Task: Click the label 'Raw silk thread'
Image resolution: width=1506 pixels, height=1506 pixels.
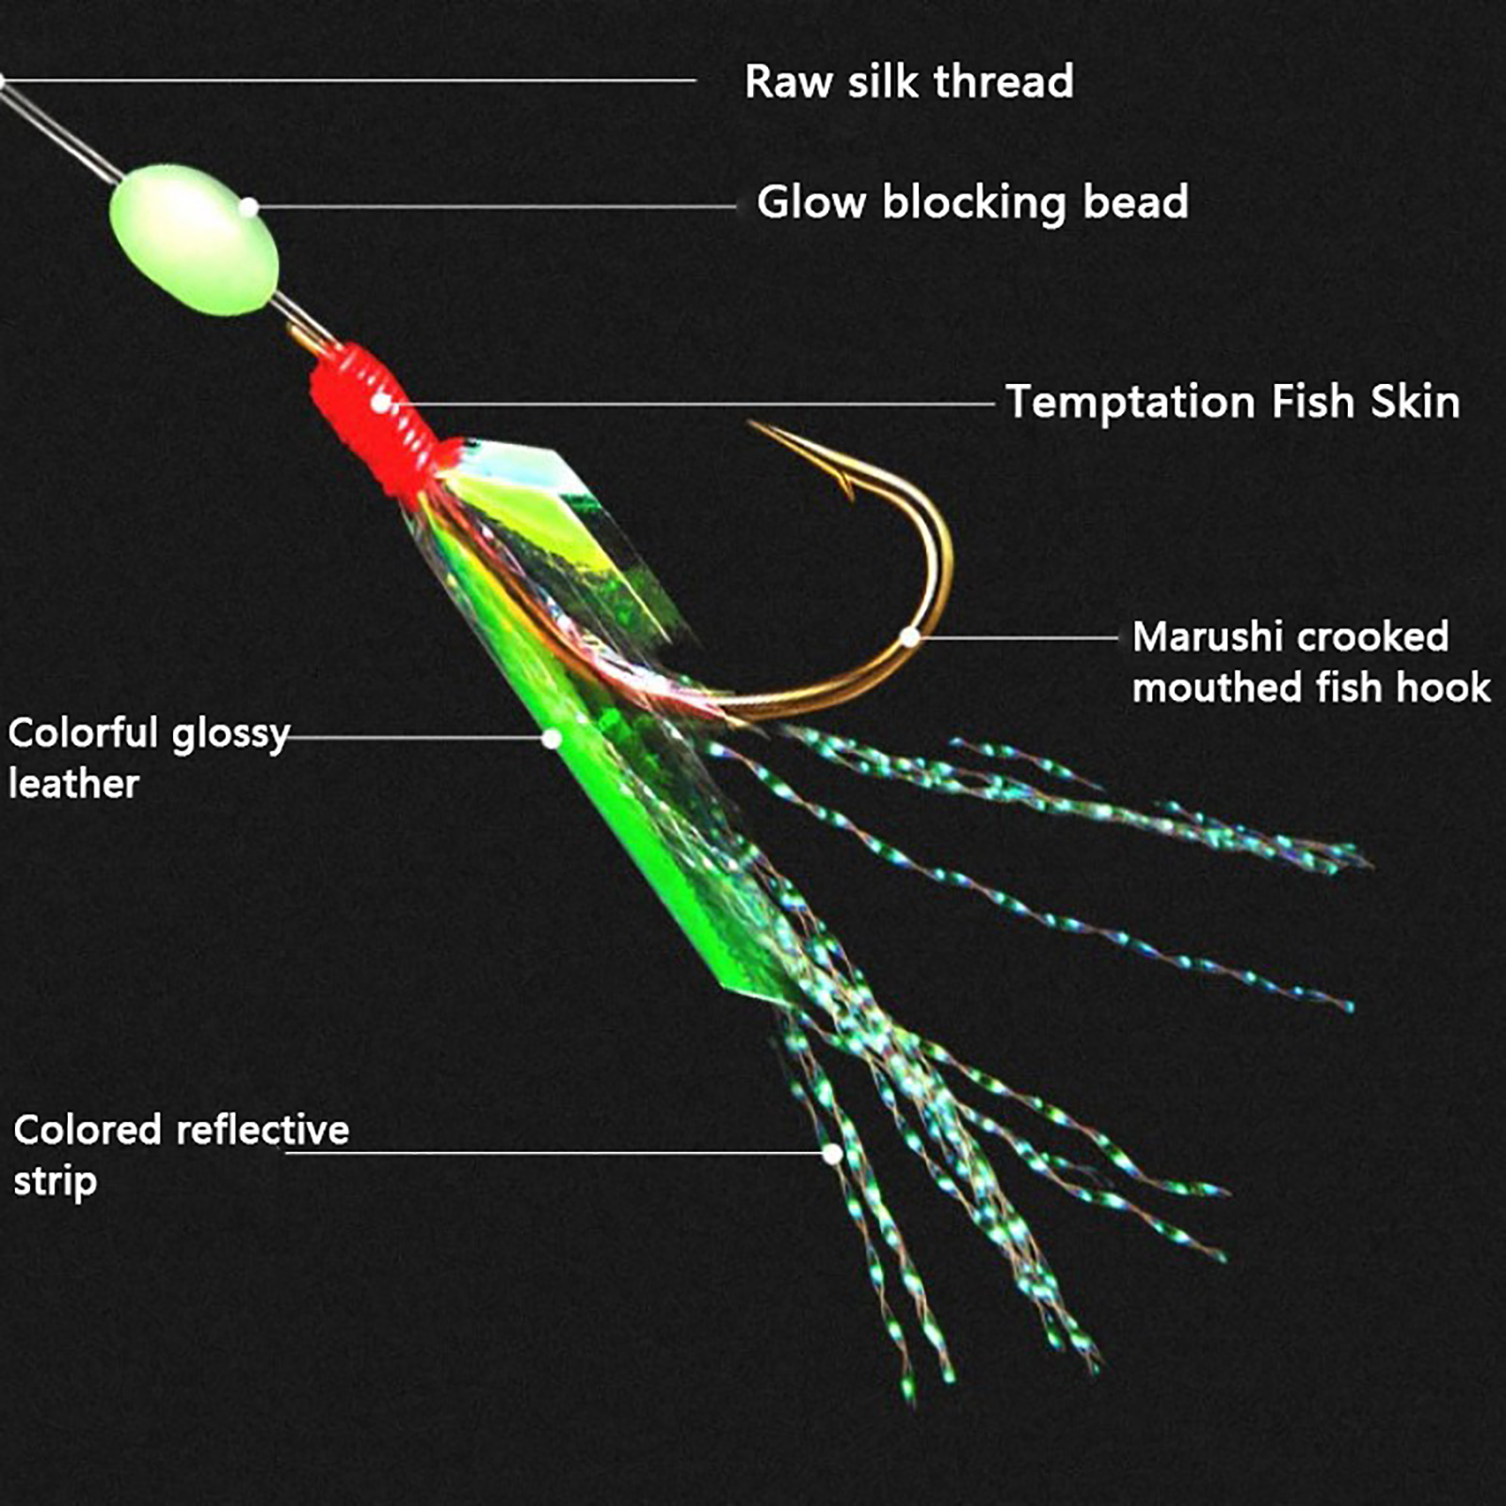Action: pos(908,81)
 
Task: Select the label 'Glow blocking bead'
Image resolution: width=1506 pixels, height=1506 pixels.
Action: pos(972,202)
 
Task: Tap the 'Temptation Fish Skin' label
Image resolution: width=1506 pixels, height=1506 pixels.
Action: pos(1233,402)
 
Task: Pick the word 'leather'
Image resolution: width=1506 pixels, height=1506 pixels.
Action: pos(73,783)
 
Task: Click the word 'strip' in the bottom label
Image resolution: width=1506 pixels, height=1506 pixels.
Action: pos(55,1182)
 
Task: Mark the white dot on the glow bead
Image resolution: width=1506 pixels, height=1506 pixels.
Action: pos(248,207)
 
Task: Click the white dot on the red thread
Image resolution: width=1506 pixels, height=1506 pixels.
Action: pos(380,403)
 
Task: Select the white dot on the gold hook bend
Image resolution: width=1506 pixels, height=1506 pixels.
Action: pos(909,637)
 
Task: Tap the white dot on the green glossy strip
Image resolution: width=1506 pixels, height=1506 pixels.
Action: pos(552,739)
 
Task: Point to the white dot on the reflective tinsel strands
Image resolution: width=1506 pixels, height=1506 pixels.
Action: pos(832,1153)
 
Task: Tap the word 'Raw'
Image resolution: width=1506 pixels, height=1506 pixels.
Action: pos(785,82)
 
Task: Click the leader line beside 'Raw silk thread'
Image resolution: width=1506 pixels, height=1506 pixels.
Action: pos(348,81)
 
